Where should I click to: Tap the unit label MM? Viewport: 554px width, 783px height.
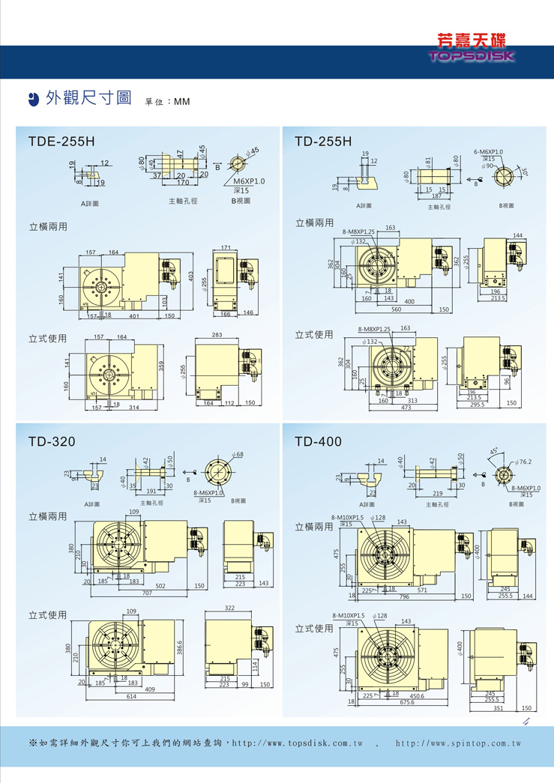tap(182, 101)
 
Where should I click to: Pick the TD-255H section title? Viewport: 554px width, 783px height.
tap(323, 141)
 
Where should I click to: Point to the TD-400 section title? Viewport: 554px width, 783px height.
tap(319, 441)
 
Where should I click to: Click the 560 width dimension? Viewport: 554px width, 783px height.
tap(397, 309)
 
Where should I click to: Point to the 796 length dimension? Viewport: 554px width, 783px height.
tap(405, 596)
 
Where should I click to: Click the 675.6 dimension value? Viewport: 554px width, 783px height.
tap(407, 702)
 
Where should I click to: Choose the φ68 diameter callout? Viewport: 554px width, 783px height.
tap(238, 455)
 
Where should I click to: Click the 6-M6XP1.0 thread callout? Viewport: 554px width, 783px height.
tap(488, 152)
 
